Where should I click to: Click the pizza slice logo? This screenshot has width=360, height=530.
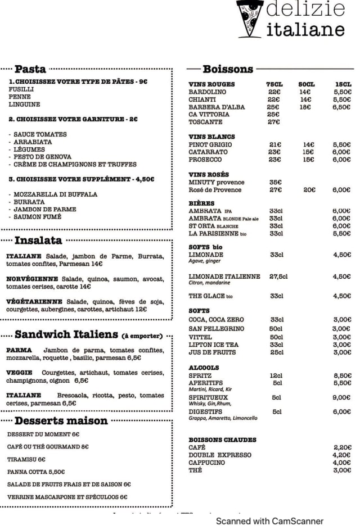(x=249, y=18)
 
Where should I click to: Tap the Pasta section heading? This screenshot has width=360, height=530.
(x=30, y=69)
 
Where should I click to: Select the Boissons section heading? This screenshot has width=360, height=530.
(x=228, y=69)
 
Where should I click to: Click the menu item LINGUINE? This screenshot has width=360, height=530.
(x=24, y=105)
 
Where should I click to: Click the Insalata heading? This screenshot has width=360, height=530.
(x=38, y=241)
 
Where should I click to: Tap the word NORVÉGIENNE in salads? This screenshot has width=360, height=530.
(x=32, y=279)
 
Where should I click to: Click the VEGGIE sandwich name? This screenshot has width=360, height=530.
(x=20, y=373)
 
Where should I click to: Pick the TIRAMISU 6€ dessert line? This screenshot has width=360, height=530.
(x=26, y=459)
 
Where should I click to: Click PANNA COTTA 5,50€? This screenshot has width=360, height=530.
(x=36, y=472)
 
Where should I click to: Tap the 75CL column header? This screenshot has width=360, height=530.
(x=274, y=84)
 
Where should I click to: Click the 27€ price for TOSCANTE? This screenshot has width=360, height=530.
(x=274, y=122)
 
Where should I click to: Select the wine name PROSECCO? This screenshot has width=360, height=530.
(x=206, y=160)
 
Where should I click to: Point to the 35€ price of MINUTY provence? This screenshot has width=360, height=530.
(x=275, y=182)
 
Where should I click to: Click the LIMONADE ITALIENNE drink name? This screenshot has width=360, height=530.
(x=224, y=277)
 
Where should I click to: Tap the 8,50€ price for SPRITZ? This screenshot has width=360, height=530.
(x=341, y=375)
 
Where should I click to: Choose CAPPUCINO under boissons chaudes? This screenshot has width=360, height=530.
(x=206, y=463)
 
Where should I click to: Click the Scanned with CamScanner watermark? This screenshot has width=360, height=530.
(x=270, y=521)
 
